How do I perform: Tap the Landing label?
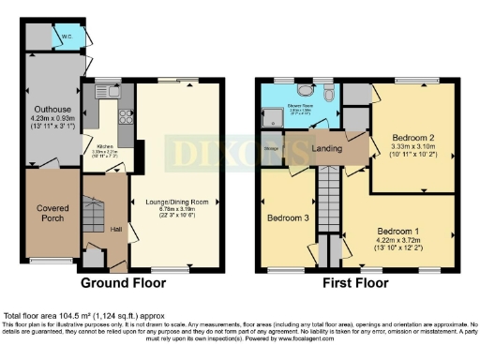[x=326, y=150]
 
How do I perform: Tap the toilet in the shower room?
[x=327, y=95]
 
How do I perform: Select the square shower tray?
[x=273, y=116]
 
